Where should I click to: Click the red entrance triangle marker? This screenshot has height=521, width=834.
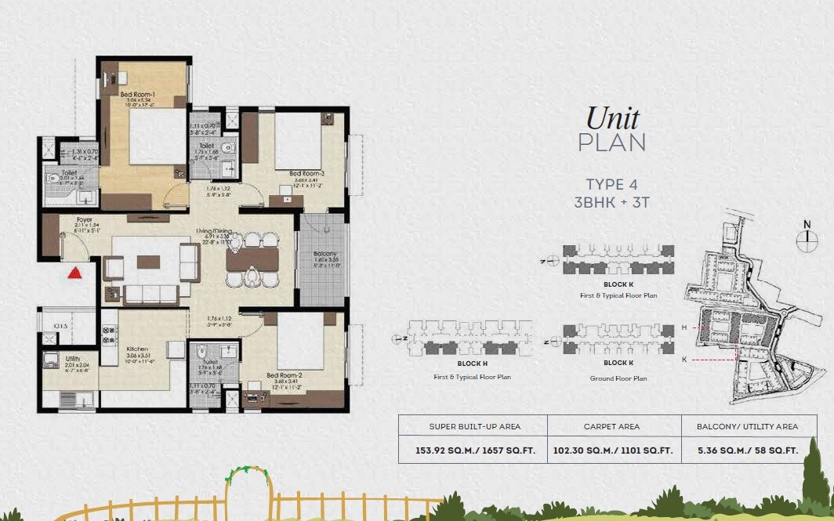(x=75, y=273)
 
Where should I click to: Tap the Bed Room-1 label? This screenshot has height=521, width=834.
(x=137, y=95)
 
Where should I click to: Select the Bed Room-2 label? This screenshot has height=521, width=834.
(x=283, y=376)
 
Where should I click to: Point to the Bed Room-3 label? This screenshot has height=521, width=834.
(x=306, y=173)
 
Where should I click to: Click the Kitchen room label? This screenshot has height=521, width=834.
(x=137, y=350)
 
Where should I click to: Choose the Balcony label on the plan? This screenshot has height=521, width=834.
(x=324, y=254)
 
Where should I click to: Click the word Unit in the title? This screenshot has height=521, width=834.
(x=612, y=118)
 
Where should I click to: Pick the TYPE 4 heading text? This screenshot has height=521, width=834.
(x=611, y=185)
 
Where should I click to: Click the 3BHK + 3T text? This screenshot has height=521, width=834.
(x=611, y=202)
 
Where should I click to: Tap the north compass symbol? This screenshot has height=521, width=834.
(x=807, y=240)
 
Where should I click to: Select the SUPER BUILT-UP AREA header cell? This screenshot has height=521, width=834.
(x=473, y=426)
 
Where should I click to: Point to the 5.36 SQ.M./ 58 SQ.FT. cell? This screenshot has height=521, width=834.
(x=747, y=450)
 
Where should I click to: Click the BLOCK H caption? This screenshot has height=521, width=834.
(x=473, y=364)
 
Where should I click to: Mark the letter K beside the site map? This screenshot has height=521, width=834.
(x=684, y=359)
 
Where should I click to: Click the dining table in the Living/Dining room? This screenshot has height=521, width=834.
(x=252, y=259)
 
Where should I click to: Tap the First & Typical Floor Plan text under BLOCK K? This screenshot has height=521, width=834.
(x=618, y=295)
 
